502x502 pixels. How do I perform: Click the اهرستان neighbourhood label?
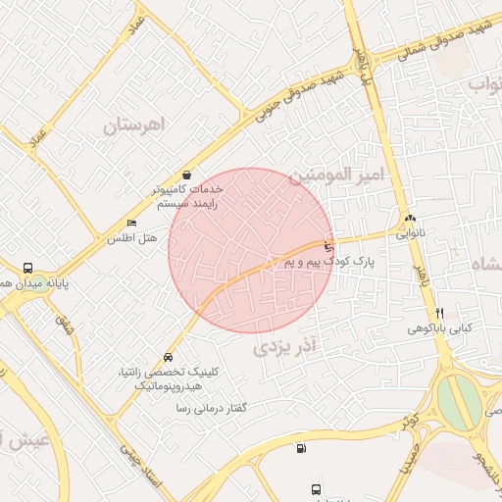[138, 125]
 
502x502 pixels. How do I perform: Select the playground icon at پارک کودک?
[328, 246]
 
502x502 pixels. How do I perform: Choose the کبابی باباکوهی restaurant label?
[441, 328]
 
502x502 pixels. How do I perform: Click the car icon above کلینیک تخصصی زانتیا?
[170, 358]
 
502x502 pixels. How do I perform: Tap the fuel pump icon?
[299, 449]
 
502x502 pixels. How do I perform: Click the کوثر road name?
[408, 423]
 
